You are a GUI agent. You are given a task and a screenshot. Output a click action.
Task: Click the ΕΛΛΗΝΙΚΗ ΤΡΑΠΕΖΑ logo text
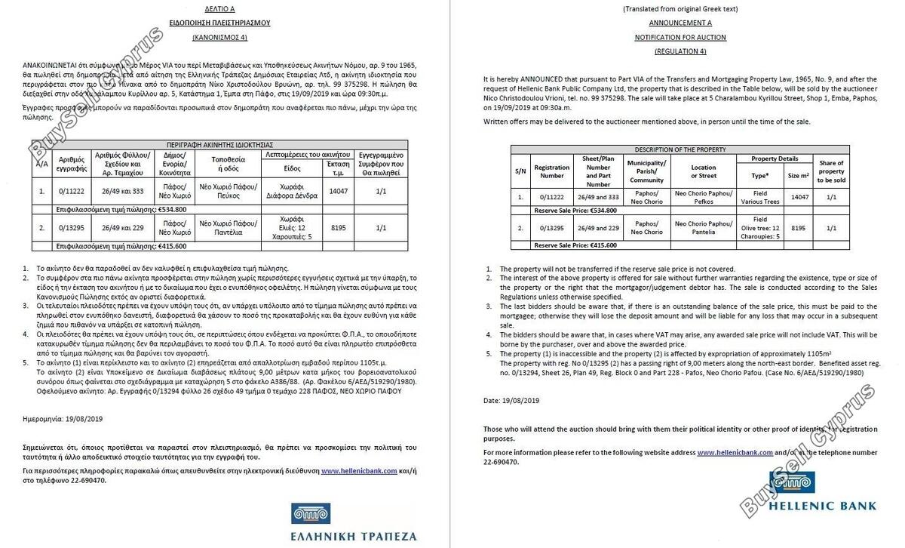click(353, 536)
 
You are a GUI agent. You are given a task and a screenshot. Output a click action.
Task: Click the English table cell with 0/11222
click(551, 197)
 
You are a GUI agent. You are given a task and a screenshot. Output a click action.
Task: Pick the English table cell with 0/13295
click(551, 227)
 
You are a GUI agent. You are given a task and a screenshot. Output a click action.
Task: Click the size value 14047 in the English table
click(798, 197)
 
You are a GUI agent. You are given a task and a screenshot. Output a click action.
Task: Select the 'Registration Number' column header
click(551, 171)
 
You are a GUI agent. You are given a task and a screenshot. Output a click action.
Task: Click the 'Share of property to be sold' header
click(831, 171)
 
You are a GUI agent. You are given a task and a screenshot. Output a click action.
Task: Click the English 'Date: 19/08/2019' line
click(511, 399)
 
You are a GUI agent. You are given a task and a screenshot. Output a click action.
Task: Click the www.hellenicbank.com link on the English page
click(735, 452)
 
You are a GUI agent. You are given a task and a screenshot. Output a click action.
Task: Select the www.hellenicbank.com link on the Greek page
click(359, 470)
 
